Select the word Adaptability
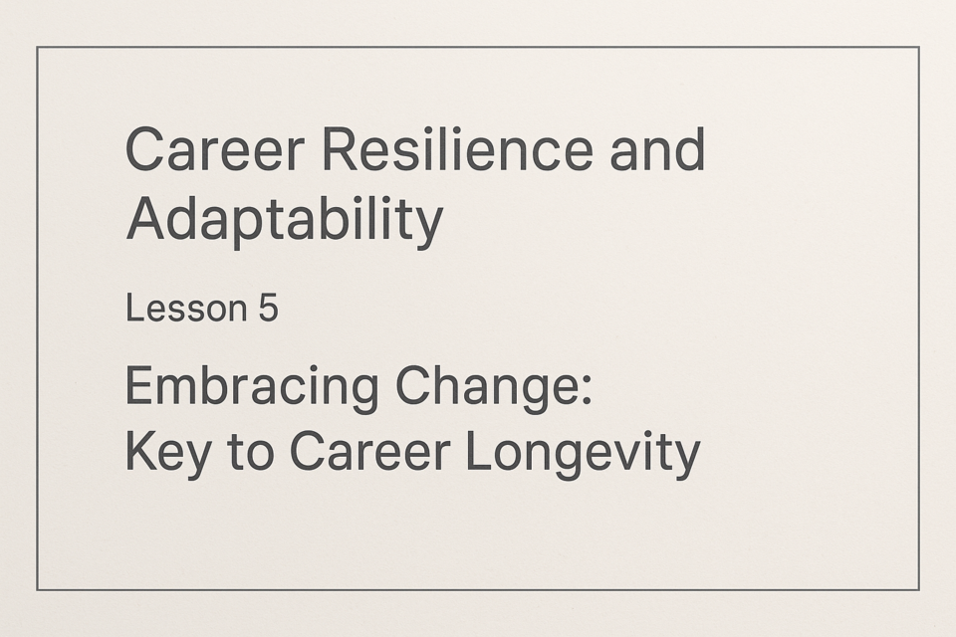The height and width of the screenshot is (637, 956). [x=284, y=220]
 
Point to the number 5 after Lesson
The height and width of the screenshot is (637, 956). [x=268, y=308]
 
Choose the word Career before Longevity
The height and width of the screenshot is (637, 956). [x=369, y=452]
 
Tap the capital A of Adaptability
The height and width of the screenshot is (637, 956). [x=145, y=218]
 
